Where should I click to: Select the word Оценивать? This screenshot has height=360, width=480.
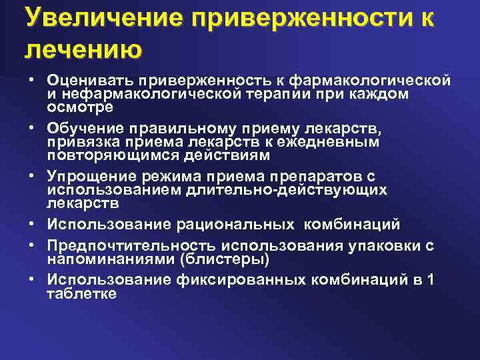click(x=90, y=81)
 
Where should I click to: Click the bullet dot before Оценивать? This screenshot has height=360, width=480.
click(x=31, y=81)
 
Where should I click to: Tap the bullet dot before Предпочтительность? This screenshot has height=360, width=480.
click(x=31, y=246)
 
